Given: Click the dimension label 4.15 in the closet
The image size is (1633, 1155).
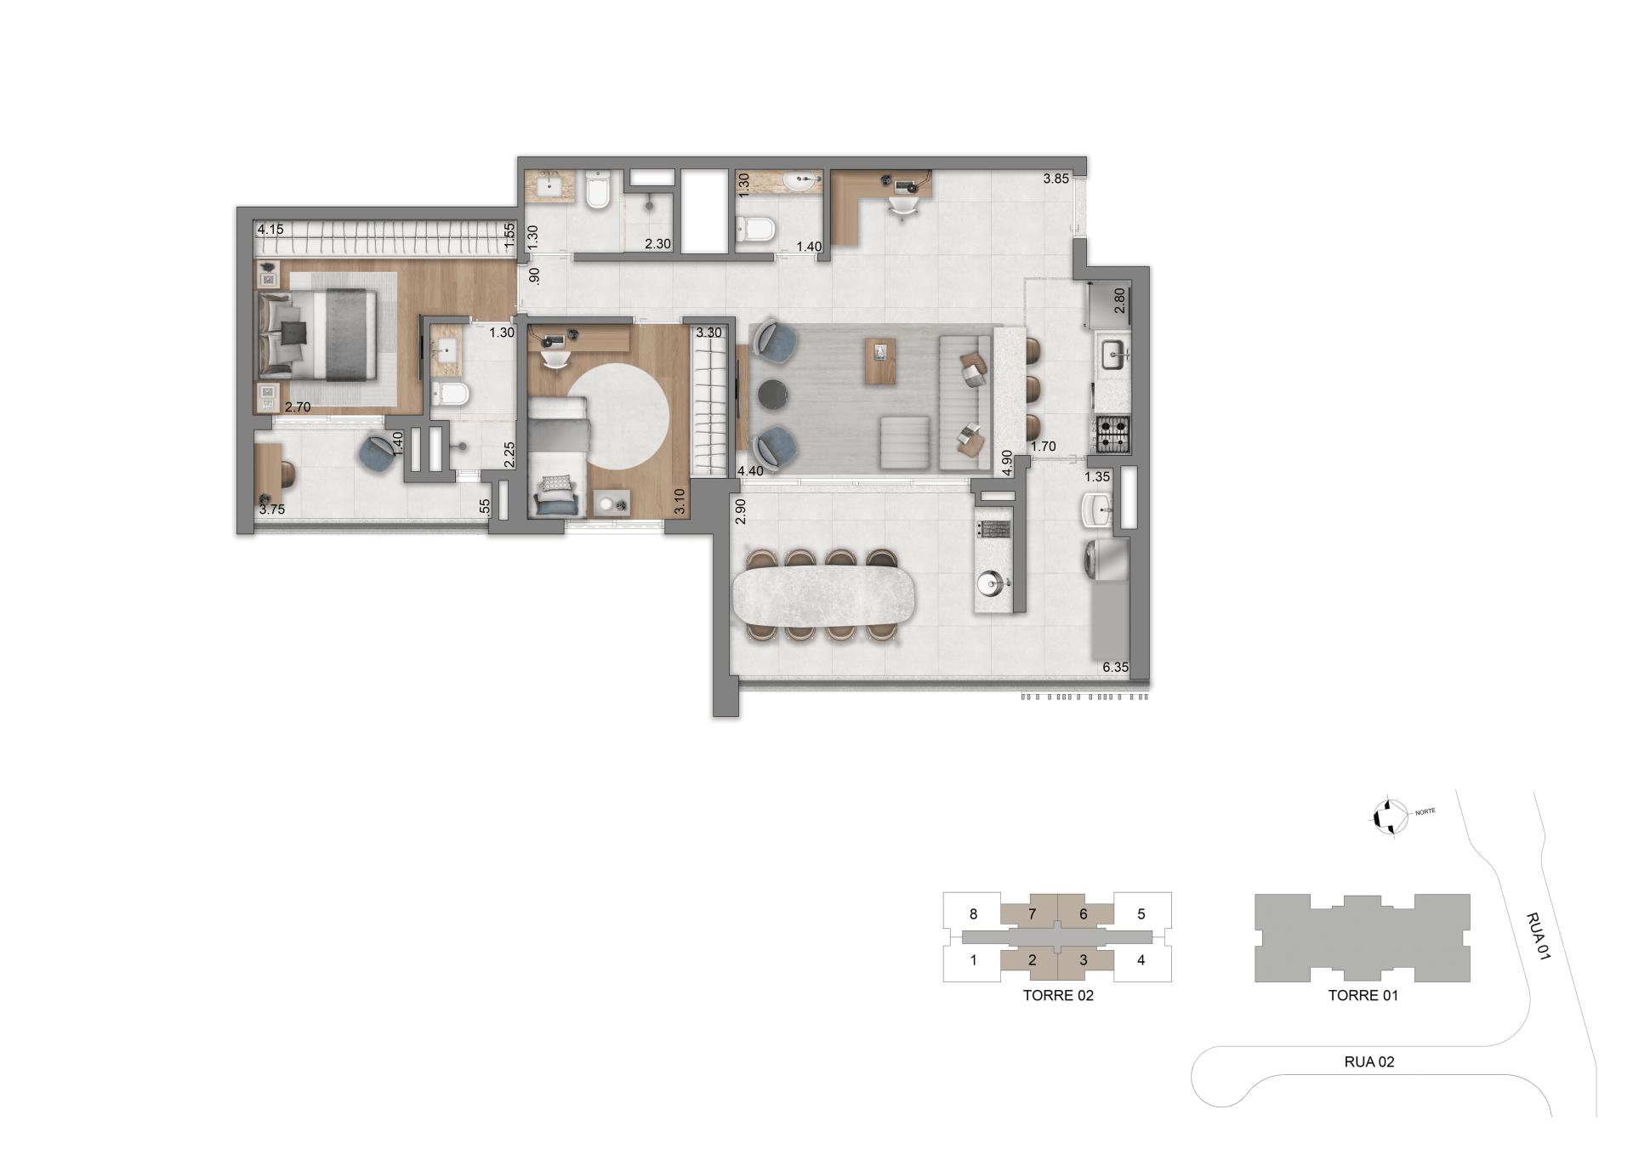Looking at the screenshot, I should tap(270, 230).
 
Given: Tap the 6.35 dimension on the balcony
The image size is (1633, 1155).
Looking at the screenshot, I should tap(1115, 668).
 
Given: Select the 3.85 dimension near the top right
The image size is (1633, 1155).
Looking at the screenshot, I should tap(1055, 179).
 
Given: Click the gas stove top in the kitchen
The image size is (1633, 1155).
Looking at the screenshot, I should tap(1112, 434).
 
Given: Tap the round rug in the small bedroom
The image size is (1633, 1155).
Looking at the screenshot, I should tap(618, 416).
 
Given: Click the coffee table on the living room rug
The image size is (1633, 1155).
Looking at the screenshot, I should tap(880, 360).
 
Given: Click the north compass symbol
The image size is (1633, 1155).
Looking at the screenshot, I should tap(1387, 817).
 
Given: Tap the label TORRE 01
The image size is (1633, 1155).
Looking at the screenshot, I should tap(1363, 995).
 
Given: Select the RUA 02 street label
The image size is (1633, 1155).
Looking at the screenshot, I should tap(1368, 1061).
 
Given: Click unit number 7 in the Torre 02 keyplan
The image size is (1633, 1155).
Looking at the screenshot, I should tap(1032, 914).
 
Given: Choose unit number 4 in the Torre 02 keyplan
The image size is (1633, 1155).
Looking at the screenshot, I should tap(1141, 960).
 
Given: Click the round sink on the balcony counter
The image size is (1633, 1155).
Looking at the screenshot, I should tap(991, 583).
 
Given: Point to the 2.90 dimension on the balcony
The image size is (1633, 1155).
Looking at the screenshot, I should tap(740, 511).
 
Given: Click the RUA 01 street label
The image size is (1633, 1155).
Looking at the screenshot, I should tap(1537, 936).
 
